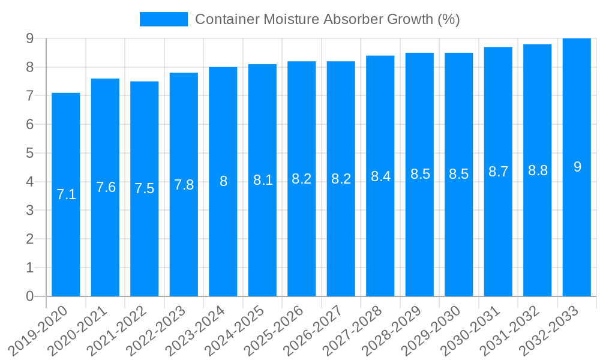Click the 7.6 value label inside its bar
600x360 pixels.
pos(106,187)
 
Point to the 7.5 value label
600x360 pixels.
pos(145,188)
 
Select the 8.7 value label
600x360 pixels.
pos(498,172)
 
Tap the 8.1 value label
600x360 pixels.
pos(263,180)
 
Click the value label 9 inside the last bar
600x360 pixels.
pos(577,167)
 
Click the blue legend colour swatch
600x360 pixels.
pos(163,19)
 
